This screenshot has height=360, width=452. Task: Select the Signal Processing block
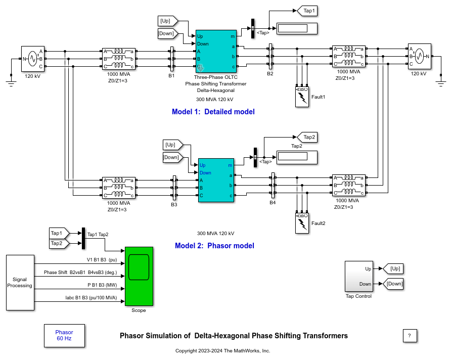20,282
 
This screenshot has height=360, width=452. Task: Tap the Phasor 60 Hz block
64,335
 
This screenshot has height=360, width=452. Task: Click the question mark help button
410,336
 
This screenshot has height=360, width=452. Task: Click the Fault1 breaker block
302,97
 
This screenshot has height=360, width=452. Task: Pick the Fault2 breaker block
302,222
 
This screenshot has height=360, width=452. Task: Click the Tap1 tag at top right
306,10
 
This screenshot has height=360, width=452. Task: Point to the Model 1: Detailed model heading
213,112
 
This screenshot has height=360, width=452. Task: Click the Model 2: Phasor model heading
214,246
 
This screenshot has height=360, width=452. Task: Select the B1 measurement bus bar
172,59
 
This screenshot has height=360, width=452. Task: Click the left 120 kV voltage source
33,59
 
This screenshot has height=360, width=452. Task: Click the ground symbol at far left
12,77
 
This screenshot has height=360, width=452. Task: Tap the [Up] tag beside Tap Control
394,268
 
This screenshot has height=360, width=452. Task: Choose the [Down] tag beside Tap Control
394,284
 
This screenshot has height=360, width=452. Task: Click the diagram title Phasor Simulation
234,336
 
